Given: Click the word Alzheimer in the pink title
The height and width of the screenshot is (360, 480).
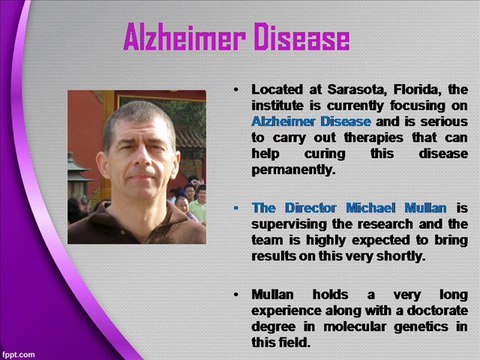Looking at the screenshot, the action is [185, 37].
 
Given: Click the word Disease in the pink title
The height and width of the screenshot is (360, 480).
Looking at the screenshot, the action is [302, 37].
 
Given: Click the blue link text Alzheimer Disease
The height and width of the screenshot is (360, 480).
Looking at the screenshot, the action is [311, 121].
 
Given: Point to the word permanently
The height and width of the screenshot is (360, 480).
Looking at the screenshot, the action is [293, 170].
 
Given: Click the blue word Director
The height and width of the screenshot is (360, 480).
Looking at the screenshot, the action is [311, 208].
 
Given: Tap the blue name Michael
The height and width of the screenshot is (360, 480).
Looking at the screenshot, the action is [371, 208].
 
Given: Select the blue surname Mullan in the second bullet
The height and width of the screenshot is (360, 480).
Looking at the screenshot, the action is [426, 208].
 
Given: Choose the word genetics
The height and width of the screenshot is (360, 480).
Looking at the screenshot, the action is [421, 327].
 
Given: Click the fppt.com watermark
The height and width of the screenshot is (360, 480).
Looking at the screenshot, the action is [19, 354].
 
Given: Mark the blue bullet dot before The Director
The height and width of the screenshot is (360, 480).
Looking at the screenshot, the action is [236, 209].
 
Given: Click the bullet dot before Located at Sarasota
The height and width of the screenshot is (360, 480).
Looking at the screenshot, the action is [236, 90].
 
